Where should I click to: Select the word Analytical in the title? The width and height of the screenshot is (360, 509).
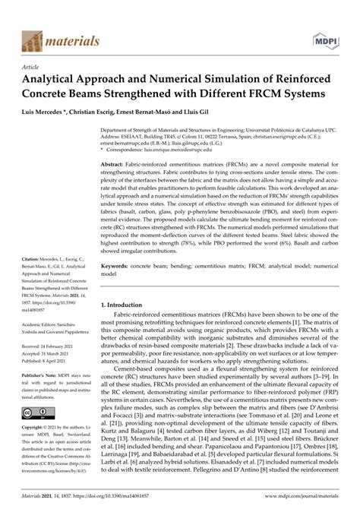coord(60,79)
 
